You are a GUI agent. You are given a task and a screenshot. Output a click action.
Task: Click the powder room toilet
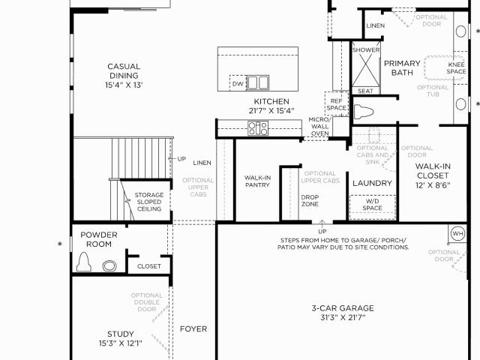(x=83, y=262)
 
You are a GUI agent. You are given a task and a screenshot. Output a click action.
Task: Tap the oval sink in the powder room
(x=109, y=265)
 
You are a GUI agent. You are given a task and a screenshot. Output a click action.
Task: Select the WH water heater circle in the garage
(x=457, y=234)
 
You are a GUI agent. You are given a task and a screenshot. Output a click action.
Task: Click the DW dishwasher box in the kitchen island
(x=238, y=83)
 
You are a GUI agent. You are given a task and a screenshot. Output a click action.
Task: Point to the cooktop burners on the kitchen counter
(x=258, y=128)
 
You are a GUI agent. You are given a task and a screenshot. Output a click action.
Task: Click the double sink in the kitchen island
(x=258, y=82)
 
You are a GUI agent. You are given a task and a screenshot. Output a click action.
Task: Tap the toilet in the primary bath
(x=364, y=112)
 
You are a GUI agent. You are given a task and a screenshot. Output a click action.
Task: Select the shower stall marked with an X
(x=365, y=67)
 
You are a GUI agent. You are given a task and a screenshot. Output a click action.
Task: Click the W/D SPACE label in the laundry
(x=372, y=205)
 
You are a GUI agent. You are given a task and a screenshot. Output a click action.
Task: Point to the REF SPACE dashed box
(x=337, y=103)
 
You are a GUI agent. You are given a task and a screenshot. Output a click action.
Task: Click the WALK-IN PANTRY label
(x=257, y=181)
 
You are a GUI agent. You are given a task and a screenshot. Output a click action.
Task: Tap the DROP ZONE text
(x=310, y=200)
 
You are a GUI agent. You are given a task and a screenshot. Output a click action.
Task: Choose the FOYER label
(x=193, y=328)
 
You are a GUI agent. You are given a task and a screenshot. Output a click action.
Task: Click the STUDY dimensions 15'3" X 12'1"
(x=121, y=343)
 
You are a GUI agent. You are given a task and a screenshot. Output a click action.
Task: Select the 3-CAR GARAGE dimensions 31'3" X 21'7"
(x=343, y=317)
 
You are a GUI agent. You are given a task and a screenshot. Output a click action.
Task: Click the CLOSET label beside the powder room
(x=149, y=266)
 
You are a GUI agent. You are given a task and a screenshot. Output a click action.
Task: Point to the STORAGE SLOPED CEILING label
(x=149, y=202)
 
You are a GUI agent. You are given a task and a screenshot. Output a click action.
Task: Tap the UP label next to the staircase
(x=181, y=159)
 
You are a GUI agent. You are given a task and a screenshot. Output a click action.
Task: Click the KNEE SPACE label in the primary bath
(x=456, y=68)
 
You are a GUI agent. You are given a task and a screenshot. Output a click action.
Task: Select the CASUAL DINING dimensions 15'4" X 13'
(x=124, y=85)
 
